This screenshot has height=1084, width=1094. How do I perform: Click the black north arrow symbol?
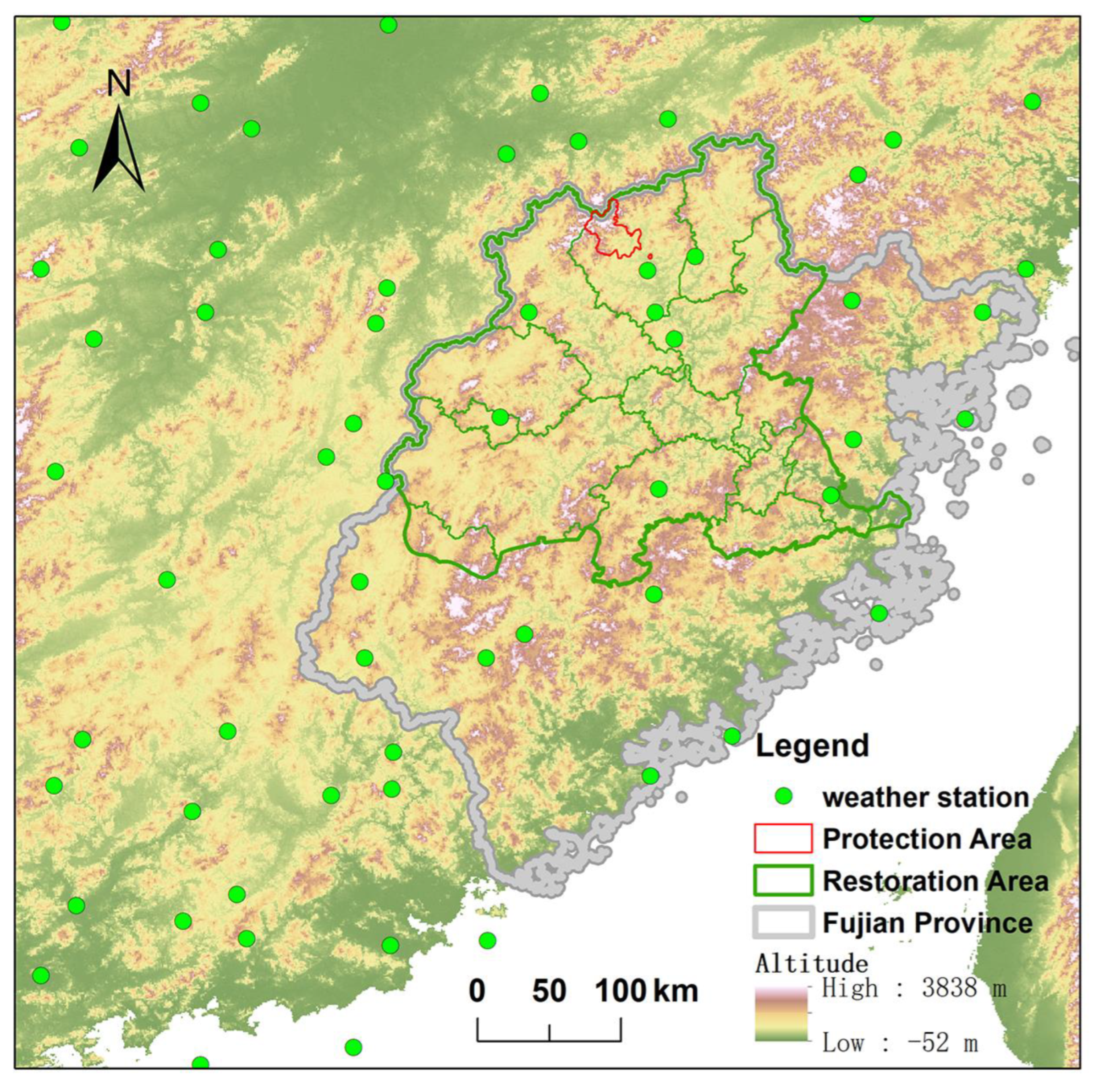coord(118,150)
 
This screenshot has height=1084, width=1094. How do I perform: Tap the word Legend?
coord(812,745)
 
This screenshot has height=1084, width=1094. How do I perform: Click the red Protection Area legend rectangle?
coord(783,838)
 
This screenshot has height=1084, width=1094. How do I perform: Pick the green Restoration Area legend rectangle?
coord(783,880)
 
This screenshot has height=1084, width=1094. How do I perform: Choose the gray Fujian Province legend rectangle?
coord(783,922)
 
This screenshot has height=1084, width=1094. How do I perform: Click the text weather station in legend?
coord(925,797)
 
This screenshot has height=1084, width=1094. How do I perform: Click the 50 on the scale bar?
coord(549,991)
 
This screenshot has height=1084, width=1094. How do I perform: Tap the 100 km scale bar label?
coord(645,991)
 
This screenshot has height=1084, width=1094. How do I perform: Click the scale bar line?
coord(549,1040)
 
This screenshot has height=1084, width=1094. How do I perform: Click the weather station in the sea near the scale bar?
coord(487,940)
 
